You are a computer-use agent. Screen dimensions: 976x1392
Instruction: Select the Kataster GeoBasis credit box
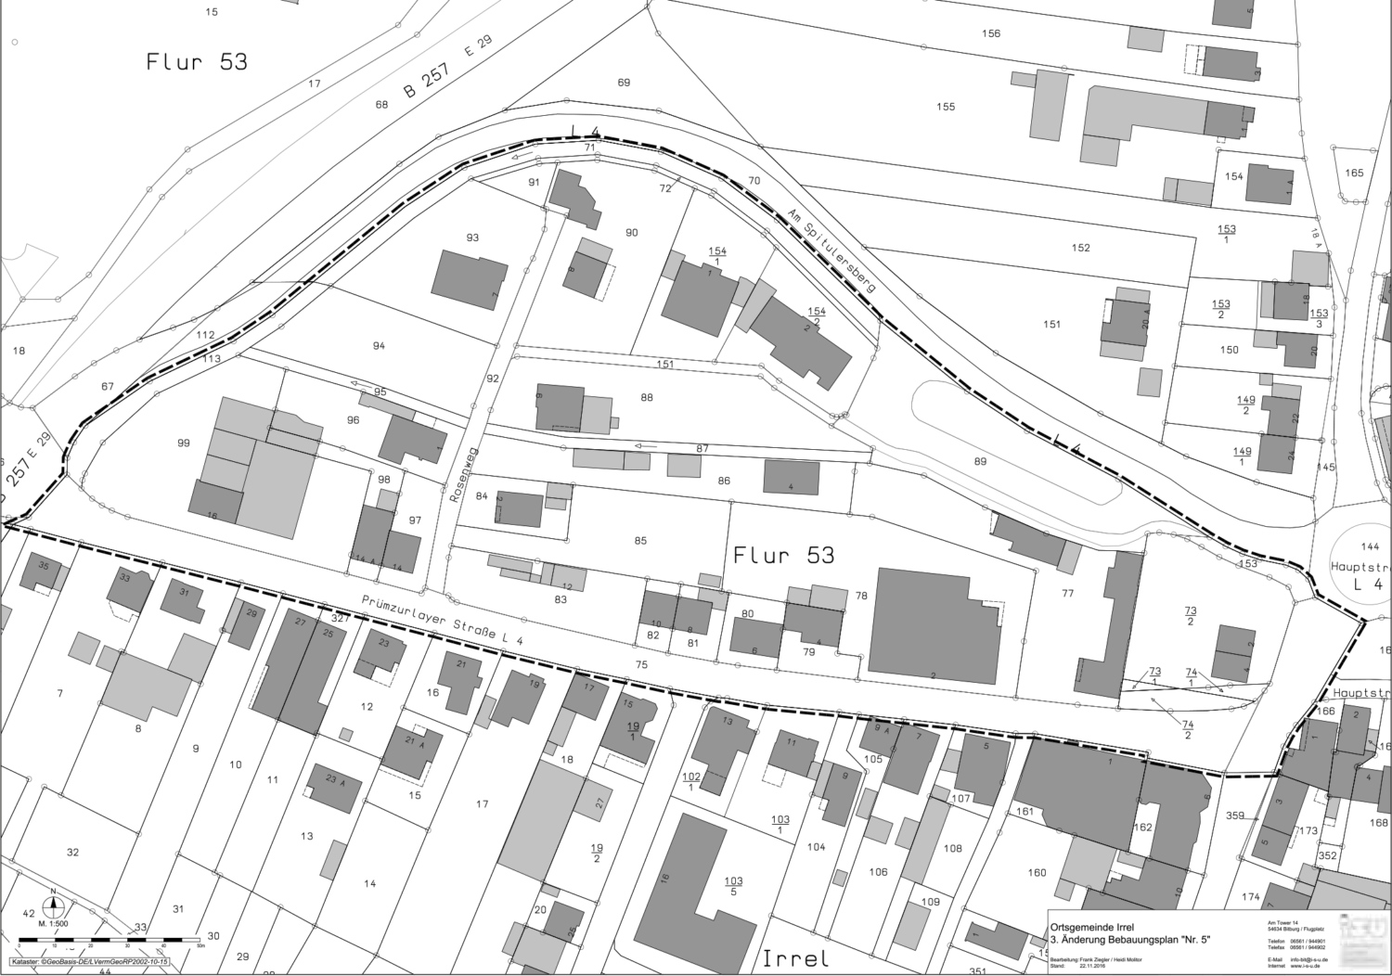point(90,963)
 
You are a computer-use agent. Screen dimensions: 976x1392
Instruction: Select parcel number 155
point(945,107)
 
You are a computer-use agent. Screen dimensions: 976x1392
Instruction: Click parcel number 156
point(991,33)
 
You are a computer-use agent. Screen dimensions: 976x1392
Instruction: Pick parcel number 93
point(472,238)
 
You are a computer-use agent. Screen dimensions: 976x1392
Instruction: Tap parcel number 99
point(184,443)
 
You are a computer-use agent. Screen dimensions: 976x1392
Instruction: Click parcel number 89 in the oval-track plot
point(980,461)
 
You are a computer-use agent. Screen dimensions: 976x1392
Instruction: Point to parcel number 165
point(1354,173)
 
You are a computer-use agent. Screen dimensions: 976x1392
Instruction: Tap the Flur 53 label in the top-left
point(197,62)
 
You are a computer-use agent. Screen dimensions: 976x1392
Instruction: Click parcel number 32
point(73,852)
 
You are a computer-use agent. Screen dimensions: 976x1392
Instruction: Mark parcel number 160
point(1037,872)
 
